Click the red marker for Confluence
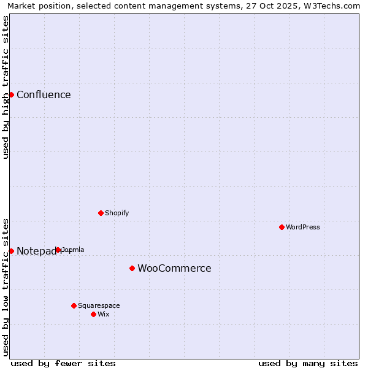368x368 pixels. (11, 94)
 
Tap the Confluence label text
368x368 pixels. (44, 94)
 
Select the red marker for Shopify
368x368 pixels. (101, 213)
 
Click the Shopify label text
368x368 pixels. (117, 213)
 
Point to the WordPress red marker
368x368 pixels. (282, 227)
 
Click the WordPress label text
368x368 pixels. (303, 227)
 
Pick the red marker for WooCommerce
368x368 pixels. (132, 268)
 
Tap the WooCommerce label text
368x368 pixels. (174, 268)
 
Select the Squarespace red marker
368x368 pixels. (74, 305)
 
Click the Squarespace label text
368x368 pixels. (99, 305)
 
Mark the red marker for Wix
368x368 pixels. (93, 314)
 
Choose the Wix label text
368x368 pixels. (104, 314)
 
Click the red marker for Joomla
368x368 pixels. (58, 250)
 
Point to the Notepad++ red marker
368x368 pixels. (11, 251)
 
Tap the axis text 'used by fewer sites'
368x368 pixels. (63, 363)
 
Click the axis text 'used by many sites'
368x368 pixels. (308, 363)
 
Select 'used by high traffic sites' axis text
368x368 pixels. (6, 87)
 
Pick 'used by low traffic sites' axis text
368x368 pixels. (6, 286)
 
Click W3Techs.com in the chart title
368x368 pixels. (335, 6)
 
